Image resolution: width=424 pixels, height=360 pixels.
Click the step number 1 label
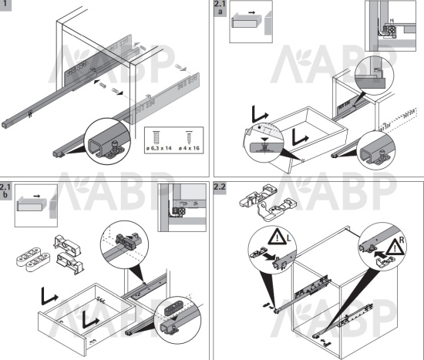coord(5,5)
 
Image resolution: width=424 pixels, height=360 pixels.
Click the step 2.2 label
coord(220,187)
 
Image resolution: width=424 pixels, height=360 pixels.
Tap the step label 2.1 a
coord(220,8)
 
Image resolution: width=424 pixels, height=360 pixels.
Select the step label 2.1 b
coord(5,190)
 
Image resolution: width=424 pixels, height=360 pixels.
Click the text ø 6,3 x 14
coord(159,148)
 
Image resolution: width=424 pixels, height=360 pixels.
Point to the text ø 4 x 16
coord(189,148)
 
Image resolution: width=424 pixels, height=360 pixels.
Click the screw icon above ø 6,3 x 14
coord(156,137)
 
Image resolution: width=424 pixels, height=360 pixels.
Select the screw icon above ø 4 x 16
coord(189,137)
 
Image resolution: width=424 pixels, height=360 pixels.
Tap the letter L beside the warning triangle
coord(288,238)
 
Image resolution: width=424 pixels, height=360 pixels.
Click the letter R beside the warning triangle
coord(402,240)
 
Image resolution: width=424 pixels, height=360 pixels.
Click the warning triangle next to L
coord(276,237)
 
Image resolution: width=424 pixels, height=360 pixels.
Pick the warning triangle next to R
coord(394,247)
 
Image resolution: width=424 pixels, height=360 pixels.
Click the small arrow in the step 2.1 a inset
coord(251,12)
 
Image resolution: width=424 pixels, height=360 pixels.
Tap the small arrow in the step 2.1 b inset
coord(36,196)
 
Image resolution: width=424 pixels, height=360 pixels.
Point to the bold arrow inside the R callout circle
coord(380,254)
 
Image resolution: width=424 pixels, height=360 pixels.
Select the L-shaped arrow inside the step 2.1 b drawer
coord(89,318)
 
